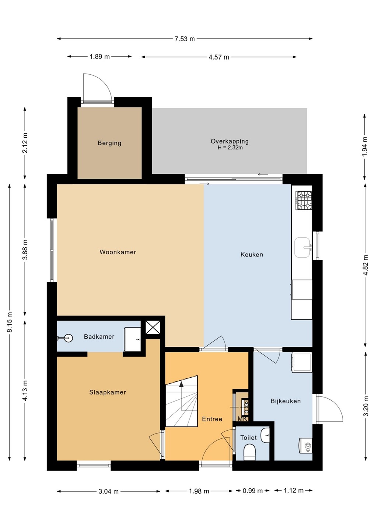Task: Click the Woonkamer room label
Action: (x=118, y=252)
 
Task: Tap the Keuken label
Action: (x=252, y=254)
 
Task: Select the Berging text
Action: (x=109, y=143)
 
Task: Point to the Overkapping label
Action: (x=229, y=141)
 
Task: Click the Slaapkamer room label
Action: (x=108, y=392)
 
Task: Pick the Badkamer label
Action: (x=99, y=336)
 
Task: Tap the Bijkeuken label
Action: (x=285, y=401)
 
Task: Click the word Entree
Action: (x=212, y=419)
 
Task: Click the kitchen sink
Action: (x=303, y=247)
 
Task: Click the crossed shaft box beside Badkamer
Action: (x=153, y=327)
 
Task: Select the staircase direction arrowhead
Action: (x=181, y=384)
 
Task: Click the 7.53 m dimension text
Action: (x=185, y=39)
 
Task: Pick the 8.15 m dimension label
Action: (x=10, y=322)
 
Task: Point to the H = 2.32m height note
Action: (x=230, y=148)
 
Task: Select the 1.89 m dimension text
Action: (x=100, y=57)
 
